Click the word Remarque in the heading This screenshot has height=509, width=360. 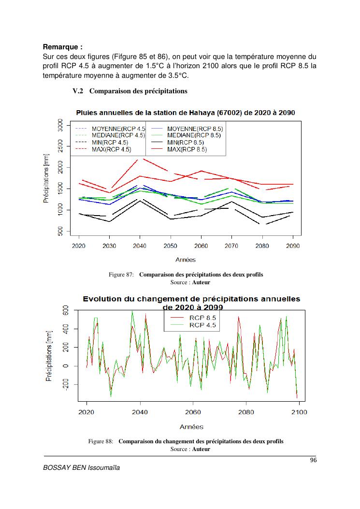tap(60, 47)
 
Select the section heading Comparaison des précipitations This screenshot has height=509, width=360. tap(138, 91)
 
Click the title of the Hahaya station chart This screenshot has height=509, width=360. tap(186, 112)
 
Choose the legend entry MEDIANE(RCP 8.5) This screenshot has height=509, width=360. tap(193, 135)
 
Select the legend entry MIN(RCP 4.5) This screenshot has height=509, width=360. tap(110, 143)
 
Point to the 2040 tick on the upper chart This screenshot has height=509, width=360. tap(140, 246)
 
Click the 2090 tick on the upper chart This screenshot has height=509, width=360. tap(292, 246)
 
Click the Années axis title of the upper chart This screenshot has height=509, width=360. tap(185, 260)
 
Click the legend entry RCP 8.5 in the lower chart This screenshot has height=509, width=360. tap(202, 318)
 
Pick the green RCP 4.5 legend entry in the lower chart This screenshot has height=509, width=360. tap(202, 325)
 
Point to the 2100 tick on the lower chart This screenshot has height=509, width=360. tap(299, 412)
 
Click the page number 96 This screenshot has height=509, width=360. tap(313, 460)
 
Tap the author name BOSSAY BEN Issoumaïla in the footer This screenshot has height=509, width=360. tap(81, 467)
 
